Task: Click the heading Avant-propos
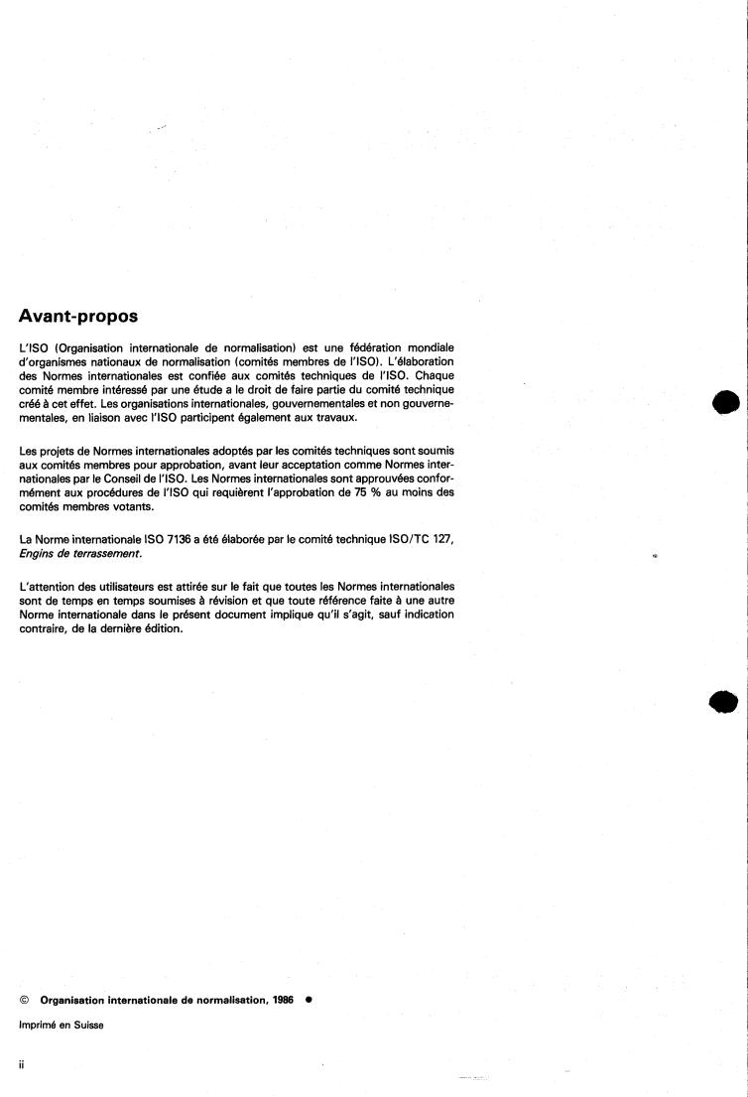pyautogui.click(x=78, y=317)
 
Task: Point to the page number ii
pyautogui.click(x=22, y=1063)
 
